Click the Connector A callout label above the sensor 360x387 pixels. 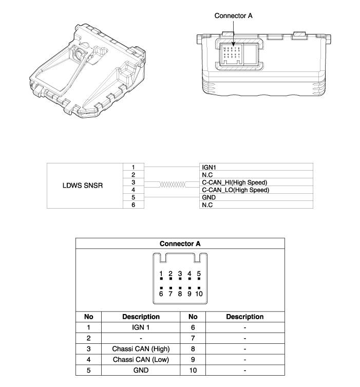point(233,16)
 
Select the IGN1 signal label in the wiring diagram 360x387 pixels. point(209,168)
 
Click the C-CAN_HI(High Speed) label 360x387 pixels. point(235,182)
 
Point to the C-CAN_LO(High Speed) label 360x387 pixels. point(235,190)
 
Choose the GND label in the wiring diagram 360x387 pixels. point(209,197)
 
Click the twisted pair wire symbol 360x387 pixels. point(172,186)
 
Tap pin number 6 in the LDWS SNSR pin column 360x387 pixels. point(133,205)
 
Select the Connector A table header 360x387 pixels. point(180,243)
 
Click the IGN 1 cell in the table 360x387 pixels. point(141,327)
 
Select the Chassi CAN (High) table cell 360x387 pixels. point(141,348)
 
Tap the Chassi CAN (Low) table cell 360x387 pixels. point(141,359)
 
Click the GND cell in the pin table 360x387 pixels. point(141,370)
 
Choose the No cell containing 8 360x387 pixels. point(193,348)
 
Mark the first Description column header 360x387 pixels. point(141,317)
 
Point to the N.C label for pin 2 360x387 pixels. point(208,175)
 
